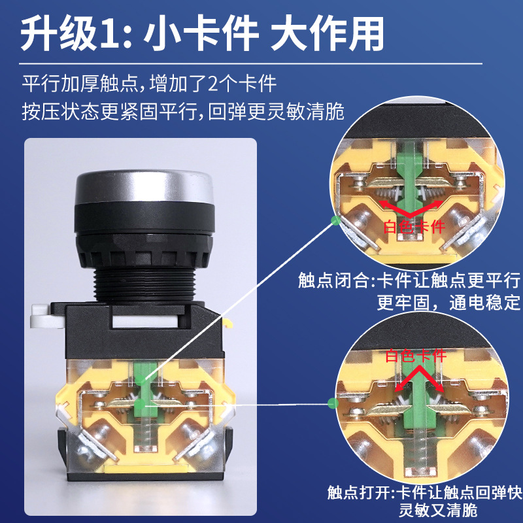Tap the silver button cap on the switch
coord(144,187)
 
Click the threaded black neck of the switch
coord(144,285)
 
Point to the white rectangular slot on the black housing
coord(144,322)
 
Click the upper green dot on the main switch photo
coord(141,379)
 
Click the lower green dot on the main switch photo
coord(141,405)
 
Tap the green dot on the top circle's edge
coord(335,220)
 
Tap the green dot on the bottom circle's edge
coord(333,403)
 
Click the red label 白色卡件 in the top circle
coord(414,227)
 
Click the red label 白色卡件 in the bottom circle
coord(416,356)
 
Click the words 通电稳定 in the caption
coord(484,303)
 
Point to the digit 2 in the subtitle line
coord(214,84)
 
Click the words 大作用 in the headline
coord(327,35)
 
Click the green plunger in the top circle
coord(410,177)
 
